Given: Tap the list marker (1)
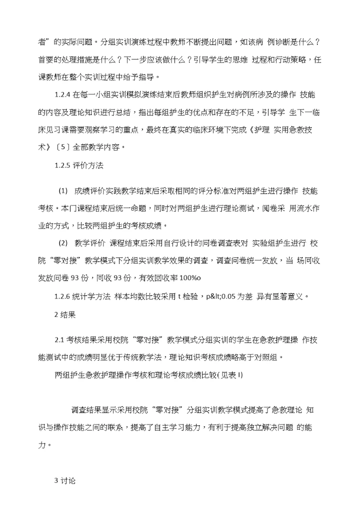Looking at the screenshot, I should coord(63,191).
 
